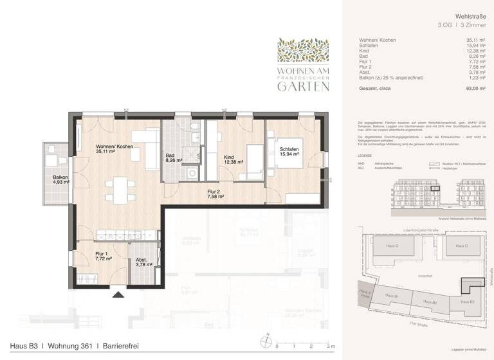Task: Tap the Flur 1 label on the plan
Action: point(104,257)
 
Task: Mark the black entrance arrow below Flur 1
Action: point(118,295)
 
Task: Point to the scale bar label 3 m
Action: point(331,346)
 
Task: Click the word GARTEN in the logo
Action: point(304,87)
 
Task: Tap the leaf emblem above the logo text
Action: point(303,50)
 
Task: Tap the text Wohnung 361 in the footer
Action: point(70,346)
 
